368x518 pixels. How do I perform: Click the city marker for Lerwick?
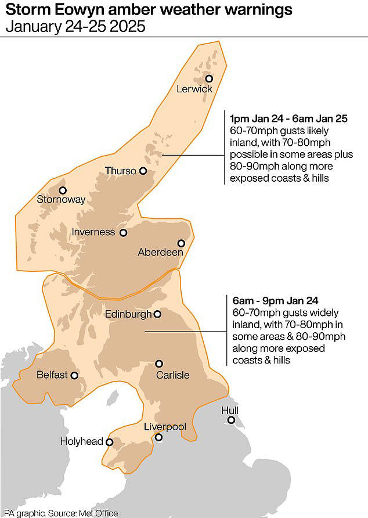tap(209, 78)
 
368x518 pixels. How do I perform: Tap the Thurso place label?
tap(120, 171)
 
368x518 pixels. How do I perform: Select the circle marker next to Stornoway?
tap(63, 190)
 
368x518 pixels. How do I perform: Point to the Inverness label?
tap(93, 232)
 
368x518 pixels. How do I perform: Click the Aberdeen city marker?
tap(181, 244)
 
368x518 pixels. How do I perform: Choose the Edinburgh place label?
tap(128, 314)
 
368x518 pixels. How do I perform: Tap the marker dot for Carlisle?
tap(159, 364)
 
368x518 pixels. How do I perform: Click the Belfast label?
tap(52, 375)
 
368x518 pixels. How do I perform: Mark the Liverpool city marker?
tap(159, 437)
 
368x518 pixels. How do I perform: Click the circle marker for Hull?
tap(231, 420)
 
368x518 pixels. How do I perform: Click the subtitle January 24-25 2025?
tap(75, 27)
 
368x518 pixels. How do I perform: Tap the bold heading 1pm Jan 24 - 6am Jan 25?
tap(288, 118)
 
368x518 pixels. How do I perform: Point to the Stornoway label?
tap(61, 200)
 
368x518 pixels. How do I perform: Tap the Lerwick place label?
tap(194, 89)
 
